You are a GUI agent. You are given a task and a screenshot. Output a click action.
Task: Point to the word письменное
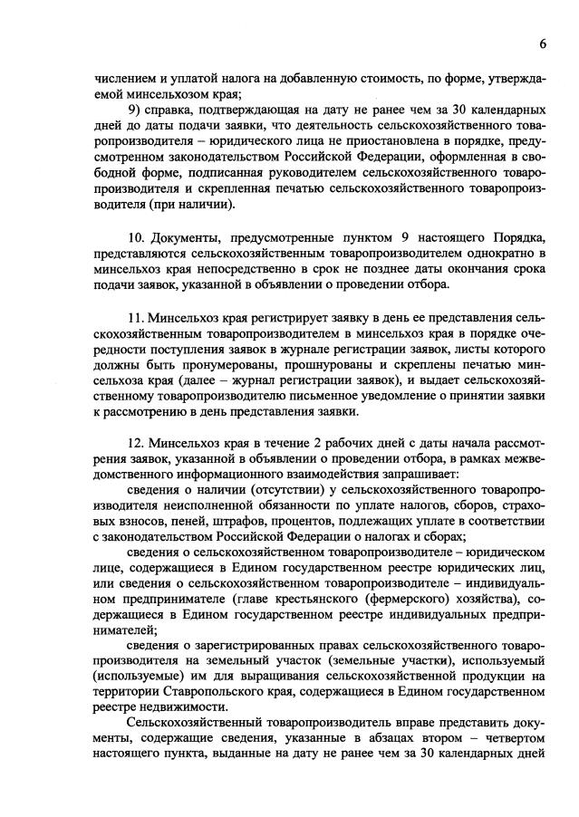(349, 396)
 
